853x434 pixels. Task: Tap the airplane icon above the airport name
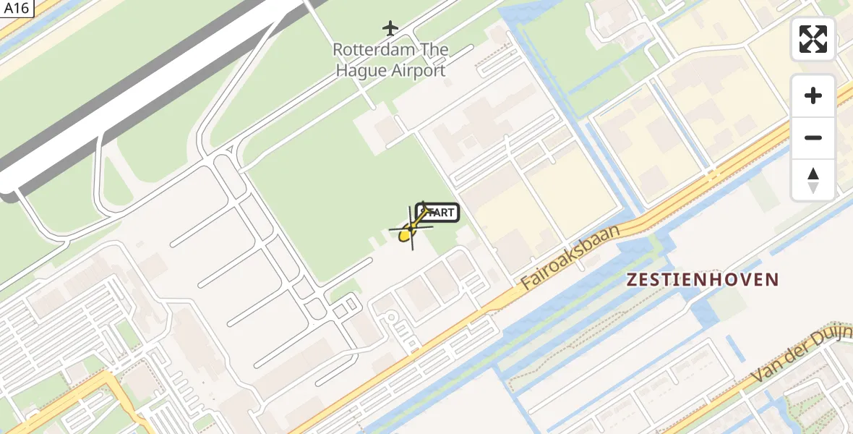(390, 28)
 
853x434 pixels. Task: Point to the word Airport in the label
(418, 71)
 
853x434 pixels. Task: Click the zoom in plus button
(813, 95)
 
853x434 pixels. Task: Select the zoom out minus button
(813, 137)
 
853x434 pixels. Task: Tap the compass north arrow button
(813, 179)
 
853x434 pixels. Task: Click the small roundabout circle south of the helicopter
(391, 317)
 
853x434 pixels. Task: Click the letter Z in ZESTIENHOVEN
(632, 280)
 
